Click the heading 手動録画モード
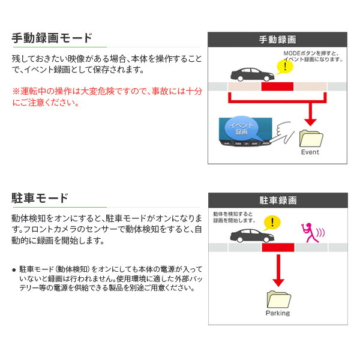click(52, 38)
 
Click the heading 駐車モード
click(40, 198)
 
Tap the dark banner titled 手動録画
click(277, 40)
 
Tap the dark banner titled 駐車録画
click(277, 200)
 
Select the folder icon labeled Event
click(310, 137)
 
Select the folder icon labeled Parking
click(277, 299)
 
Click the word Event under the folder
click(310, 152)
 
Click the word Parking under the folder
click(277, 313)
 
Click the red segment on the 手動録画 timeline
click(277, 87)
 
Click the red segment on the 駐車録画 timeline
click(277, 247)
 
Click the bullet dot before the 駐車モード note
click(14, 270)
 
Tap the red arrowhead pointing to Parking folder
click(277, 282)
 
